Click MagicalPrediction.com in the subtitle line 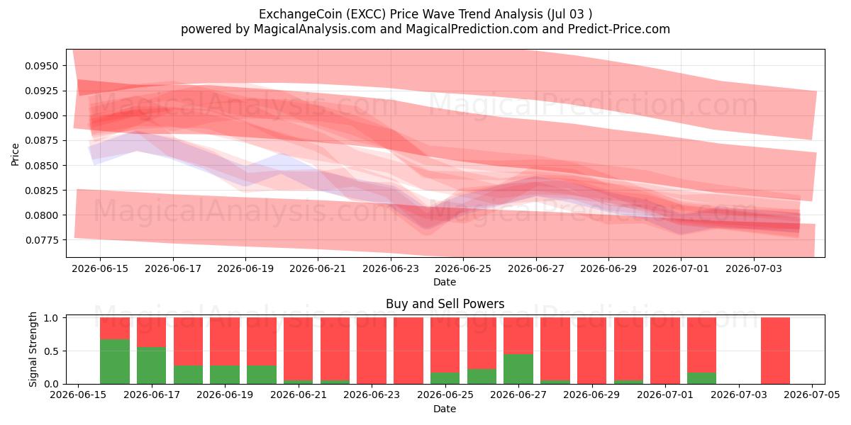coord(472,29)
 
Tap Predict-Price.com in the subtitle coord(619,29)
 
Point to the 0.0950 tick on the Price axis coord(41,66)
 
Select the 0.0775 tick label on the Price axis coord(41,240)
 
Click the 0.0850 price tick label coord(41,166)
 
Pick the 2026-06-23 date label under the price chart coord(391,268)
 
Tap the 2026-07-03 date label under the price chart coord(754,268)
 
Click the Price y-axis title coord(15,154)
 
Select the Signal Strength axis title coord(33,349)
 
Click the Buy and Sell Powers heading coord(445,304)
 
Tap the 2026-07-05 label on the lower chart coord(812,395)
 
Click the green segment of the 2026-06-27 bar coord(518,369)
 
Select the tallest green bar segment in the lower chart coord(115,362)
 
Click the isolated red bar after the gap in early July coord(775,351)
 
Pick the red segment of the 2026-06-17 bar coord(152,332)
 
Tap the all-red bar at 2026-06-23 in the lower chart coord(372,351)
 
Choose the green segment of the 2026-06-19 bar coord(225,375)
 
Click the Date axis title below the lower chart coord(445,409)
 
